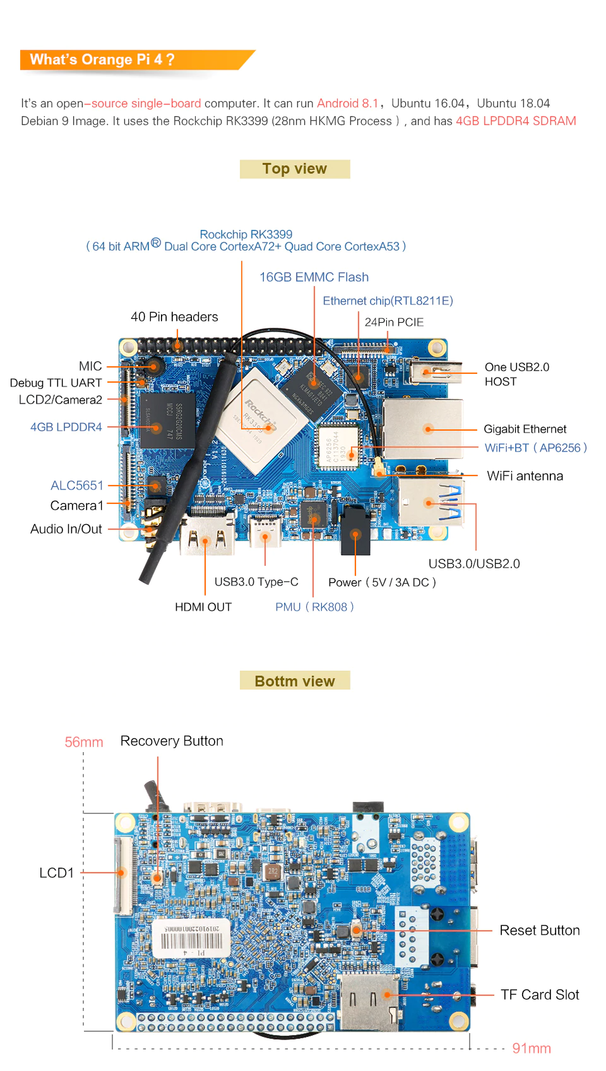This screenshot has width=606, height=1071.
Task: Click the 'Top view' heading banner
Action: (295, 169)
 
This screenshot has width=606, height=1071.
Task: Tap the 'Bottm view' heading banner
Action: (295, 681)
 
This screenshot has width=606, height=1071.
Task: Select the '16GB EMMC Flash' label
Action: (314, 277)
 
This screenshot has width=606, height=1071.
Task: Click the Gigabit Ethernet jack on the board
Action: (423, 429)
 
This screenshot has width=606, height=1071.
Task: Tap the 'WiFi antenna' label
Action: (525, 476)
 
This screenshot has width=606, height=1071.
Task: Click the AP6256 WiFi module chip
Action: (338, 445)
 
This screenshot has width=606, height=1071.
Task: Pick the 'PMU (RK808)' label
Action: (314, 607)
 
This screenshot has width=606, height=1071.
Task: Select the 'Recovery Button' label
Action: (172, 741)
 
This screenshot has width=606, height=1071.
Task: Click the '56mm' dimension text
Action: (84, 742)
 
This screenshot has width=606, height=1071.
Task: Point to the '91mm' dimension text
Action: (532, 1048)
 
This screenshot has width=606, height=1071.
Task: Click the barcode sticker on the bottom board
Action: (191, 938)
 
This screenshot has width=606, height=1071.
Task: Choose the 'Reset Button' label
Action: (540, 930)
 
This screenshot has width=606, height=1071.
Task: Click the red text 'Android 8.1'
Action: (347, 104)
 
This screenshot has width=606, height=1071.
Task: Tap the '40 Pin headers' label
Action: (174, 317)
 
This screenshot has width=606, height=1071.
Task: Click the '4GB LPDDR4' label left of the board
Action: (66, 427)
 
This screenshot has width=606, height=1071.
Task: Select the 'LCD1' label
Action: (57, 873)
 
